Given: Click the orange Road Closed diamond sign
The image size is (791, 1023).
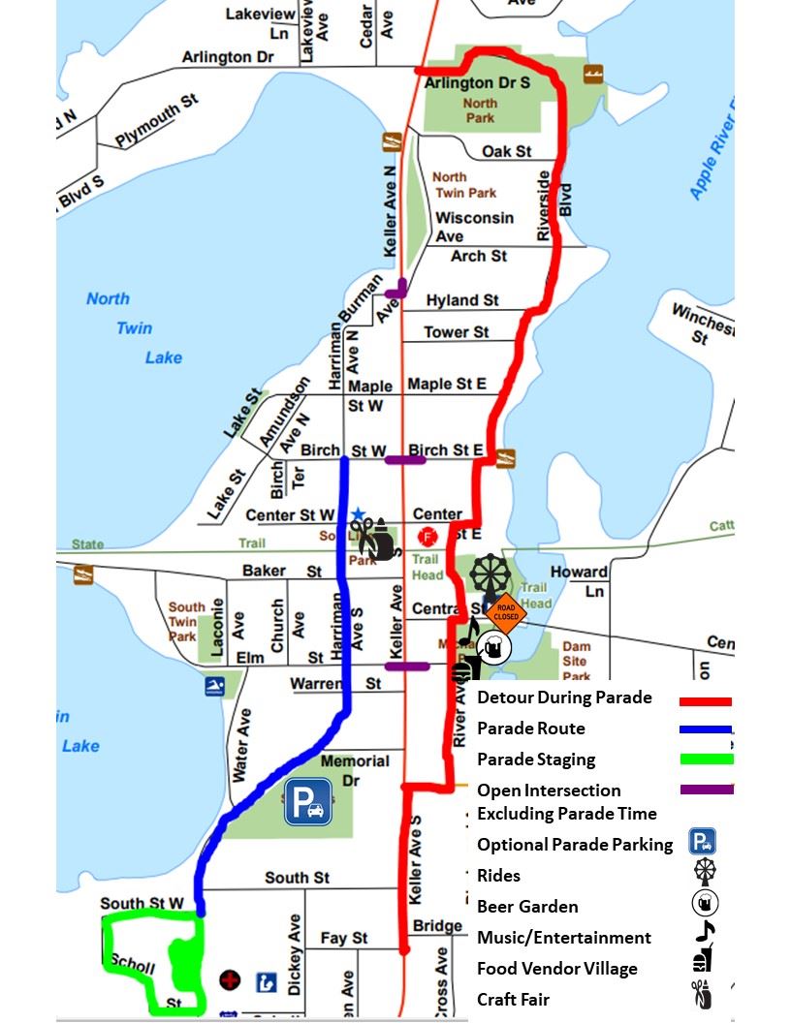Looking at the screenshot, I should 505,612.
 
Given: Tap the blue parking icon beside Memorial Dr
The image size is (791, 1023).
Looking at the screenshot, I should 308,802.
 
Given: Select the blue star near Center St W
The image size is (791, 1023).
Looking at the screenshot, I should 358,513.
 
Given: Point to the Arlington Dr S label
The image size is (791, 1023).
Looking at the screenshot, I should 478,83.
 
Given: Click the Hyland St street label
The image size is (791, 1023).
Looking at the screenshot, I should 462,300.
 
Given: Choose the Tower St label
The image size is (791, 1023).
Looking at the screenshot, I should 457,332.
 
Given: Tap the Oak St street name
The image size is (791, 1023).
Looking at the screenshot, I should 507,151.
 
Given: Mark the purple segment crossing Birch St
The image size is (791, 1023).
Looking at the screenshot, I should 405,459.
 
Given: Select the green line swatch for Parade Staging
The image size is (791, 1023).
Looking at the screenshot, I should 706,759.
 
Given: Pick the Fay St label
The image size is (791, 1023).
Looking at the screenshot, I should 344,938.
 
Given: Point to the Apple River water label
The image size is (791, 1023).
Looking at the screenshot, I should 712,150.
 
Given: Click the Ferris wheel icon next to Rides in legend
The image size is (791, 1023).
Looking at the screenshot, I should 705,872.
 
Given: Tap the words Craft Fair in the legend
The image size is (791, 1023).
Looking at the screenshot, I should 514,1000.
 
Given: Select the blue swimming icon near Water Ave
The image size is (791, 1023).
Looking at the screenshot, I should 215,686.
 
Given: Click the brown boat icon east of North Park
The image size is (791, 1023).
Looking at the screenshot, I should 593,74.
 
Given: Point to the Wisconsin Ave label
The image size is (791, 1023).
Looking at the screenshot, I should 474,227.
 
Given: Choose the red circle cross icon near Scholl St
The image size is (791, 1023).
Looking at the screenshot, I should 230,980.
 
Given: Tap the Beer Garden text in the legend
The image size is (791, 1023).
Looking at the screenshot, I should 527,907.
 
